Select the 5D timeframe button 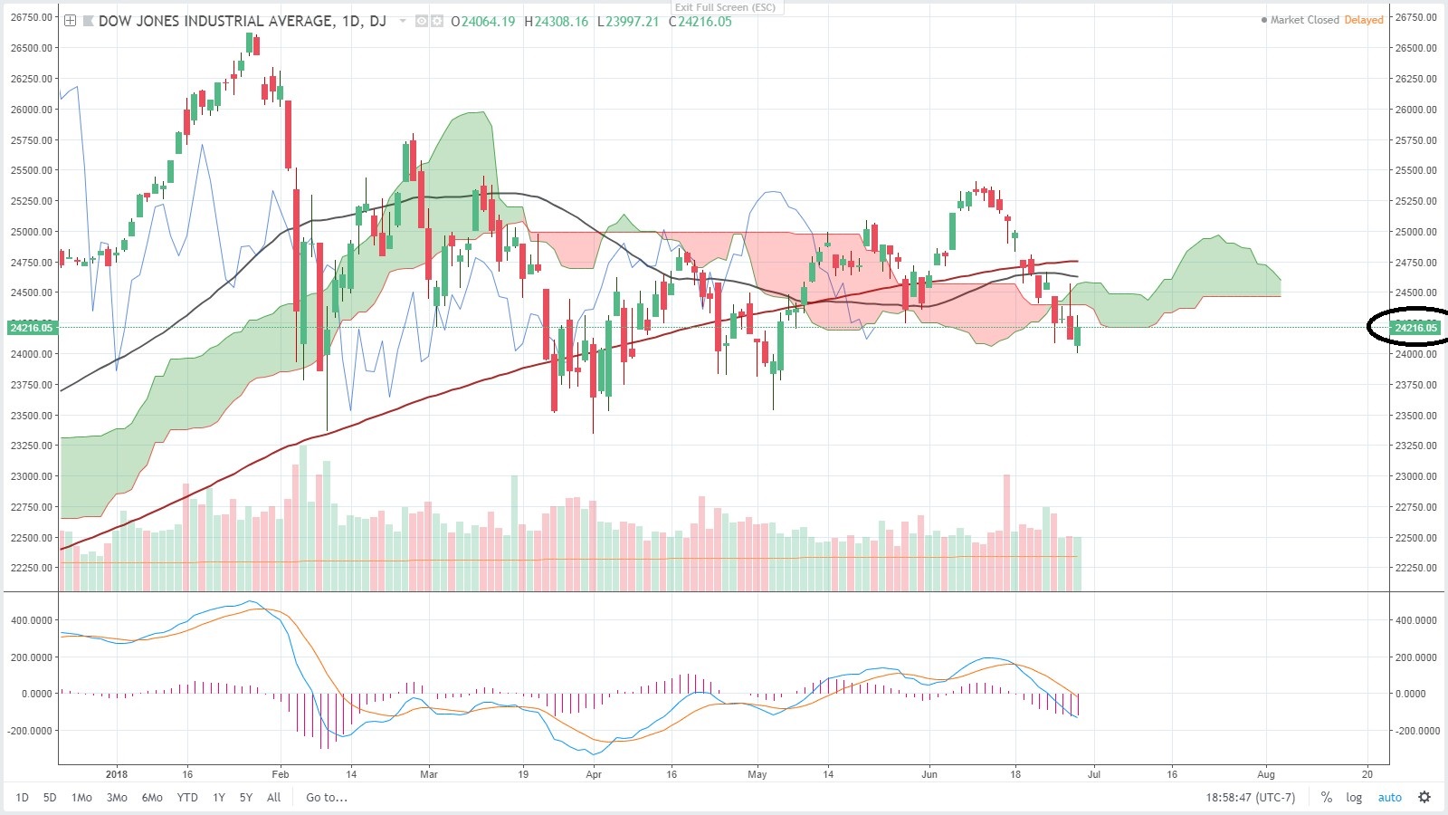click(50, 798)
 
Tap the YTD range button click(187, 798)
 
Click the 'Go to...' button click(327, 798)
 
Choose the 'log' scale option click(1354, 798)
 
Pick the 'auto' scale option click(1389, 798)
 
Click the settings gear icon click(1424, 798)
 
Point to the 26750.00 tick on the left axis click(32, 17)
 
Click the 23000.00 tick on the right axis click(1415, 476)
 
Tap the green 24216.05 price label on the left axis click(32, 328)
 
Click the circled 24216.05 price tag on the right click(1415, 328)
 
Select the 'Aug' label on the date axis click(1266, 774)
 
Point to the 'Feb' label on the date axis click(281, 774)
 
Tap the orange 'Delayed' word click(1364, 20)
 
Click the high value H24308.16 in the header click(557, 22)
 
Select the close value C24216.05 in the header click(700, 22)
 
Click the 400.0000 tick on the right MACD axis click(1415, 620)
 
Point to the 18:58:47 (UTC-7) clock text click(1250, 798)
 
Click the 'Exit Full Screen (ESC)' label click(725, 7)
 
